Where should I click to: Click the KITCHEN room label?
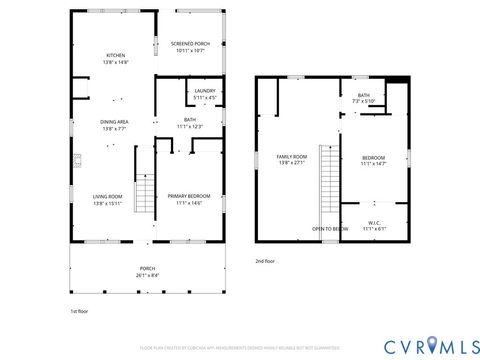[117, 55]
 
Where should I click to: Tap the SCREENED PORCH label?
[188, 44]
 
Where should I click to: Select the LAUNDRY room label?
[205, 91]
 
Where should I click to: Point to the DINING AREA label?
[113, 122]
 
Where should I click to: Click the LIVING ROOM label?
[107, 196]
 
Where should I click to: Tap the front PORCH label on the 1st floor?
[146, 268]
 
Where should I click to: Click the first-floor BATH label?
[190, 120]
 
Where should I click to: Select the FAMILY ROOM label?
[292, 157]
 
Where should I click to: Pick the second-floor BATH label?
[362, 95]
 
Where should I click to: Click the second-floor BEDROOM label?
[373, 157]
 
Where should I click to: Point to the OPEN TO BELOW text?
[330, 229]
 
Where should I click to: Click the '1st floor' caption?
[79, 311]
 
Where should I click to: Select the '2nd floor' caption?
[265, 260]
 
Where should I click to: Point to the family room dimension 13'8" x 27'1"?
[292, 164]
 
